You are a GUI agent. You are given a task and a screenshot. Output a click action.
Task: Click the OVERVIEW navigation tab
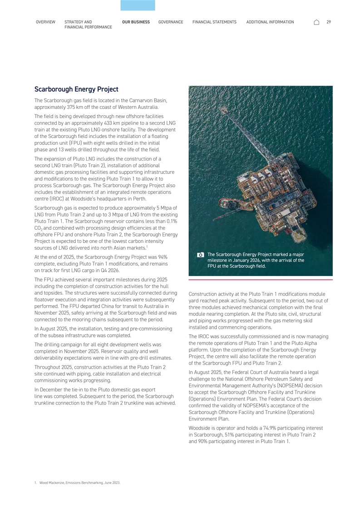[x=45, y=22]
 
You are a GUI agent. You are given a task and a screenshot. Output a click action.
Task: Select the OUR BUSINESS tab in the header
[x=136, y=22]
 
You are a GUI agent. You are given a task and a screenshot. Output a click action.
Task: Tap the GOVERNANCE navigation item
[x=171, y=22]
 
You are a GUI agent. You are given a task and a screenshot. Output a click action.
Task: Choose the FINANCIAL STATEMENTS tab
[x=214, y=22]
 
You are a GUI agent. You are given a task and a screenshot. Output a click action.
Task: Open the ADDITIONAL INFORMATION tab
[x=270, y=22]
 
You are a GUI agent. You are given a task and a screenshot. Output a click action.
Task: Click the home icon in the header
[x=316, y=22]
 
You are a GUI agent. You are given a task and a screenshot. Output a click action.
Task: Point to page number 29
[x=329, y=22]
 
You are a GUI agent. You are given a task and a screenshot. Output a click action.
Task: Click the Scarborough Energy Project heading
[x=76, y=89]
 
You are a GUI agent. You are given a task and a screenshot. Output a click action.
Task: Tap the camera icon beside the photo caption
[x=201, y=255]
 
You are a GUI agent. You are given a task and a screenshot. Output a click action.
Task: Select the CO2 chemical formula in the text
[x=38, y=228]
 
